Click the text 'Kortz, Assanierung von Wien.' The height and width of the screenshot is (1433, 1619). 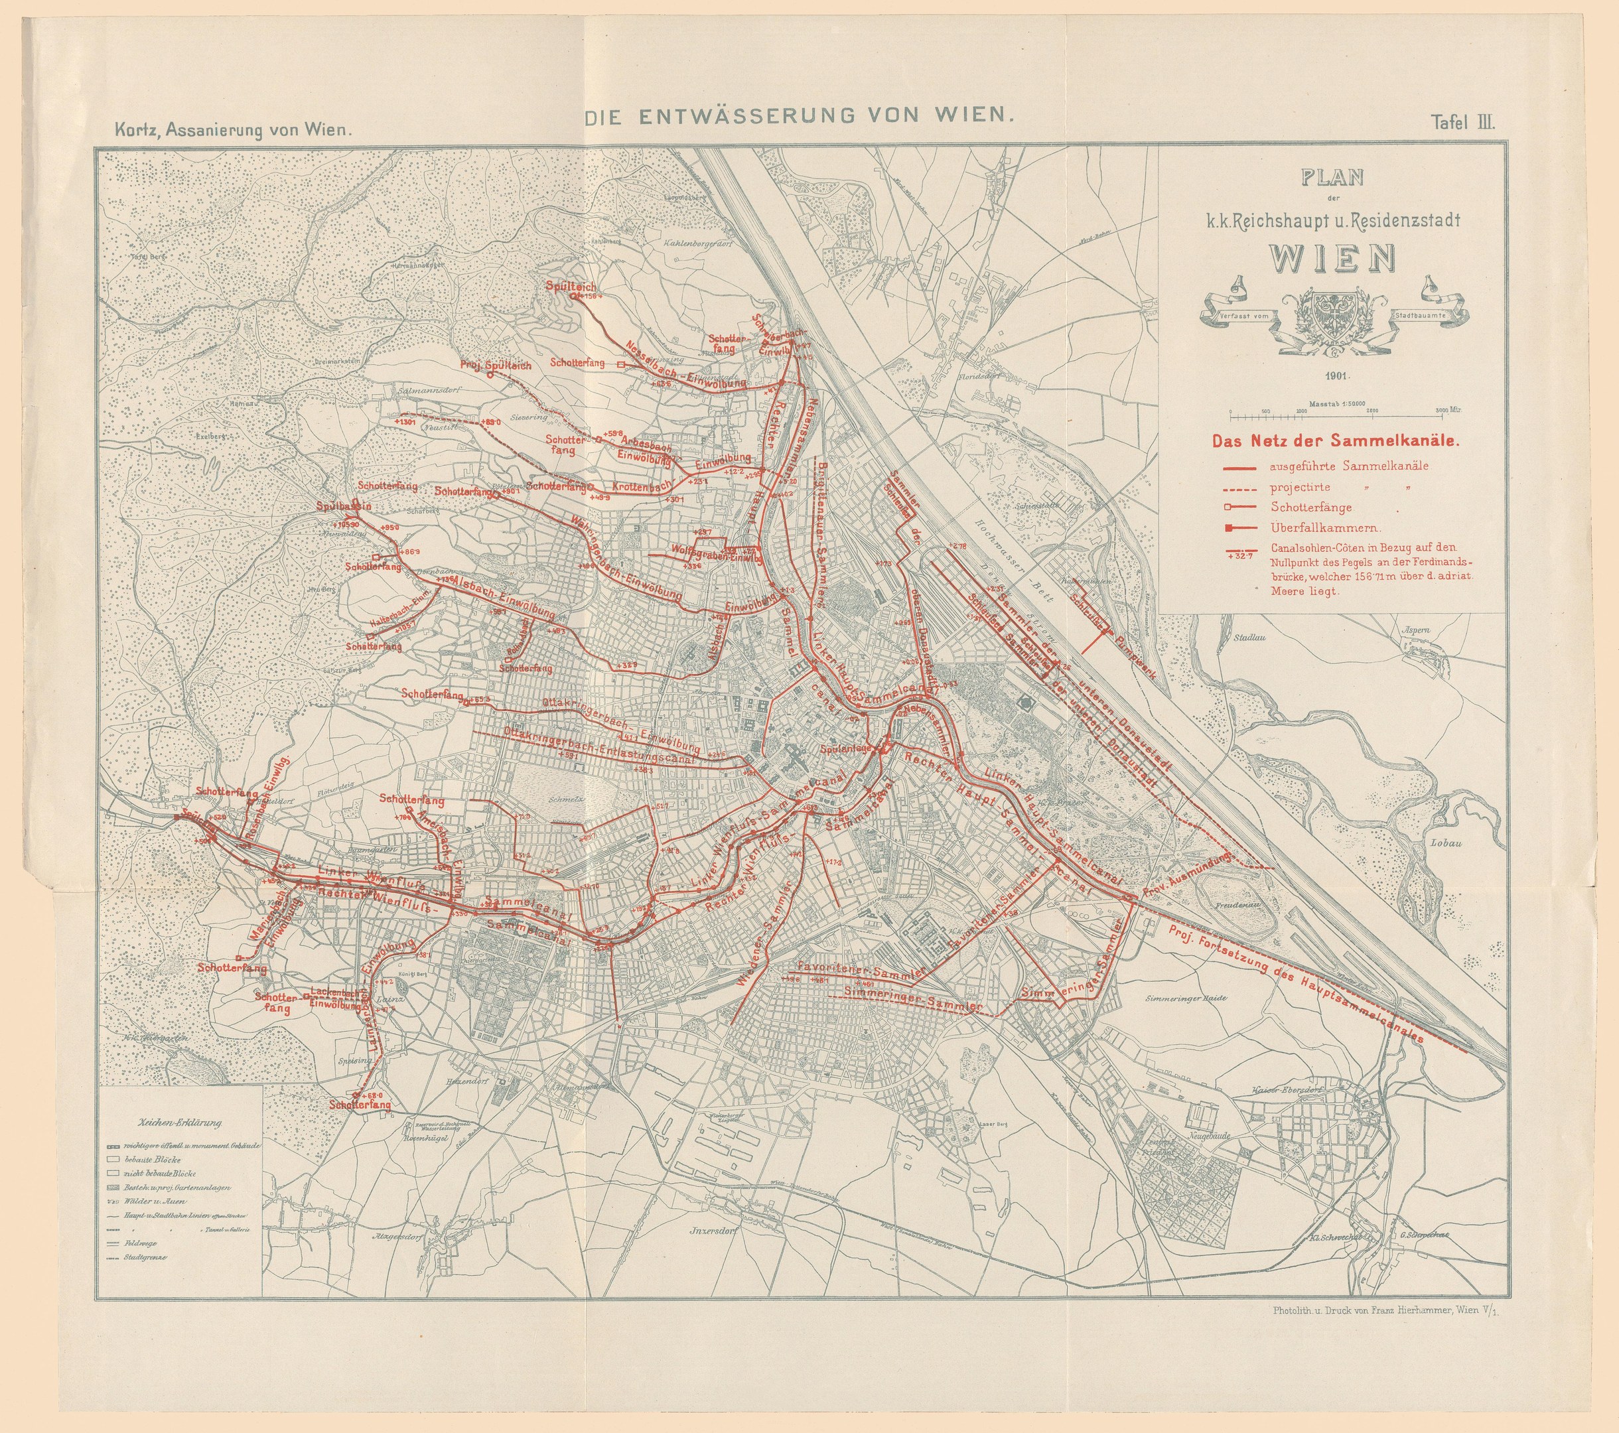point(232,130)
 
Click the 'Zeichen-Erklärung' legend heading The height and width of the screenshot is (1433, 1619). point(180,1123)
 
